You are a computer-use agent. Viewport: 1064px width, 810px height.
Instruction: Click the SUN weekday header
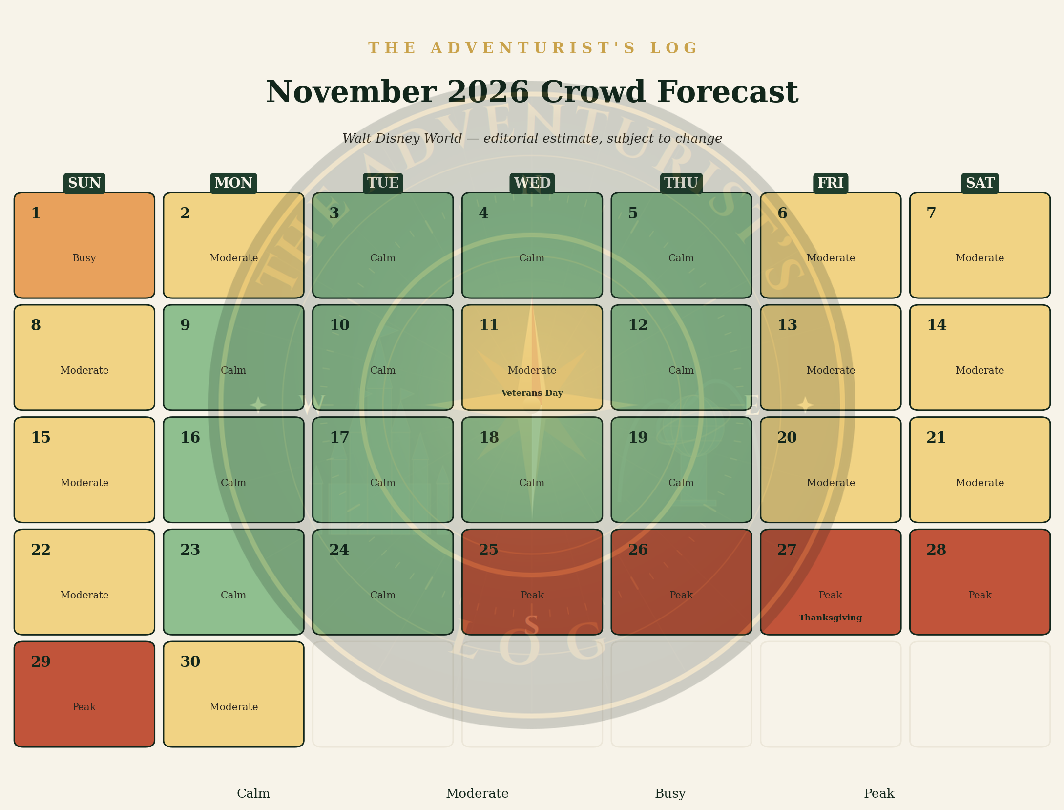[84, 183]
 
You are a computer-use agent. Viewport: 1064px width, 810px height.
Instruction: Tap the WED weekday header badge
[532, 183]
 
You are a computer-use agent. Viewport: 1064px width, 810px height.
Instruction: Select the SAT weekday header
[980, 183]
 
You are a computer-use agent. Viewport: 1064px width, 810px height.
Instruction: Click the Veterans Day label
[532, 393]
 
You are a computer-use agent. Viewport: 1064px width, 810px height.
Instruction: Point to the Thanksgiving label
[830, 618]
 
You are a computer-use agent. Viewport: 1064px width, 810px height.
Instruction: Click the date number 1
[36, 213]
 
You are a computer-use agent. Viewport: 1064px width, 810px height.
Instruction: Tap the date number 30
[190, 662]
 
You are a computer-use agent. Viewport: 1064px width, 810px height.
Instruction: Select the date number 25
[488, 550]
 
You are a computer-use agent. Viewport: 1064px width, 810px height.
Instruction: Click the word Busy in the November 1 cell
[84, 258]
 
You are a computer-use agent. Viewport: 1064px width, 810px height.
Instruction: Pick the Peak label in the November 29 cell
[84, 707]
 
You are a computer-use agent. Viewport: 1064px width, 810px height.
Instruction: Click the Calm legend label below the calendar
[253, 793]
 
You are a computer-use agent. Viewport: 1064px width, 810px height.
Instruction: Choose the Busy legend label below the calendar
[670, 794]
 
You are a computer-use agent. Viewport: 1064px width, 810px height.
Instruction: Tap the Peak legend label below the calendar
[879, 793]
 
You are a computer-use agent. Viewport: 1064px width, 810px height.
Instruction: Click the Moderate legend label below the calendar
[477, 793]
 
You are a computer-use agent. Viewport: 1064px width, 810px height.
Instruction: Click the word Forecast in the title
[728, 92]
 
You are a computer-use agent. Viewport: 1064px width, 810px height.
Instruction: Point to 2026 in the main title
[488, 92]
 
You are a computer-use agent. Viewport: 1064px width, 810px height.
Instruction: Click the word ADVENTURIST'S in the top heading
[533, 48]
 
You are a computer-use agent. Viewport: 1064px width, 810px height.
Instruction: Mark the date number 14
[937, 325]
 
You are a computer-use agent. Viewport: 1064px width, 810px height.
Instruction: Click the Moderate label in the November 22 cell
[84, 595]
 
